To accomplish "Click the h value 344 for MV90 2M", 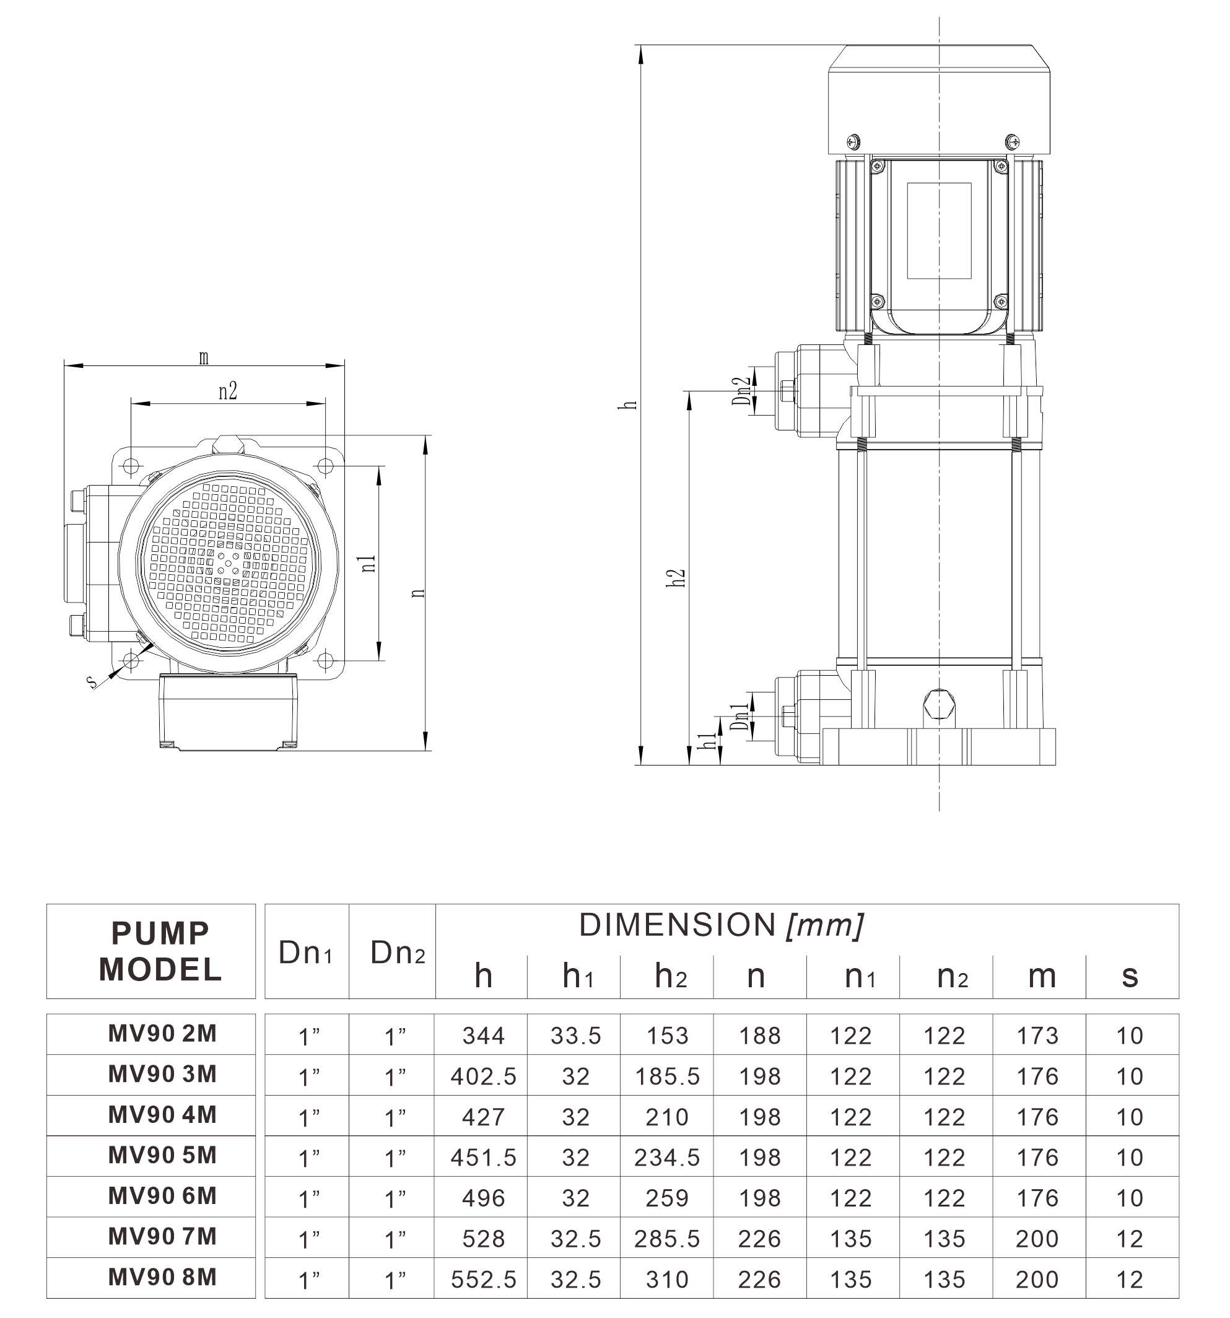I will coord(483,1036).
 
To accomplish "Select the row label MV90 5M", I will coord(162,1156).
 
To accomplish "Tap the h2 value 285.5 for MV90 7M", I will coord(667,1239).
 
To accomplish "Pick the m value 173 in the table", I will coord(1038,1036).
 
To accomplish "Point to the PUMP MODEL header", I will coord(160,951).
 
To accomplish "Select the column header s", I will coord(1130,977).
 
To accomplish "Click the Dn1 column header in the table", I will coord(306,953).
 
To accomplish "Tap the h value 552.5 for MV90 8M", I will coord(483,1280).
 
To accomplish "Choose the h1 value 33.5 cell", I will coord(575,1036).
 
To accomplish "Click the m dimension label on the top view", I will coord(204,358).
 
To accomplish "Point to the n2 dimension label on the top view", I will coord(227,391).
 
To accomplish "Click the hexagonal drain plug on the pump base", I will coord(939,704).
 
